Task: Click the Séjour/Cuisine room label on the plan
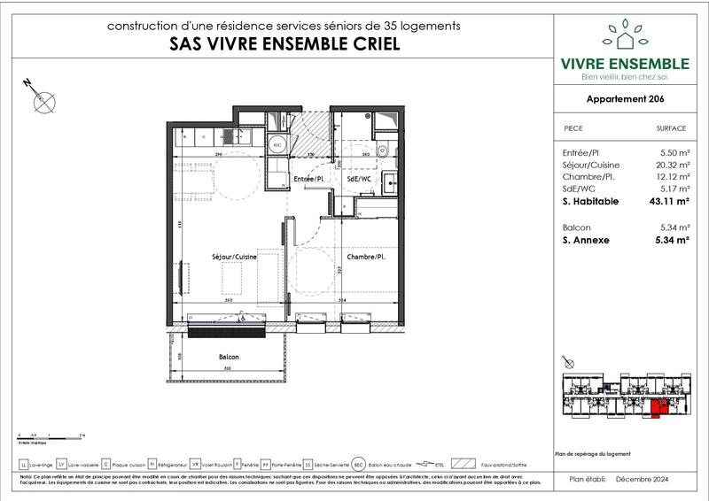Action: [x=234, y=257]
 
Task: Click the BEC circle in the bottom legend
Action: [x=359, y=464]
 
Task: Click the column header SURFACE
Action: [x=671, y=127]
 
